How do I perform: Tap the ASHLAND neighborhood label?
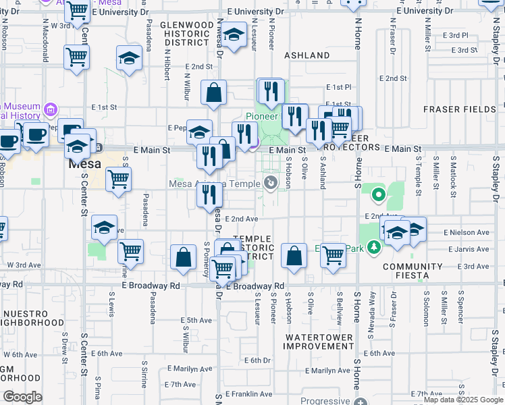tap(307, 55)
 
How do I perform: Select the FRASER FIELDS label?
tap(460, 109)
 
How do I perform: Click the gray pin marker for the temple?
tap(271, 182)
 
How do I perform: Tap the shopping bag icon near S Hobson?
tap(294, 256)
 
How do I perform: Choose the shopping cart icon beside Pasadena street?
tap(119, 180)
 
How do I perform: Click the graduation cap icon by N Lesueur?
tap(234, 34)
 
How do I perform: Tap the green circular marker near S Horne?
tap(378, 196)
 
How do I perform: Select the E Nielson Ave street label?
tap(467, 232)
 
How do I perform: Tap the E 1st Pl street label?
tap(339, 87)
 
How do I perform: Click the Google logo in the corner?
tap(22, 397)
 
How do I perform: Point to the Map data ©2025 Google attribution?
tap(463, 400)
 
